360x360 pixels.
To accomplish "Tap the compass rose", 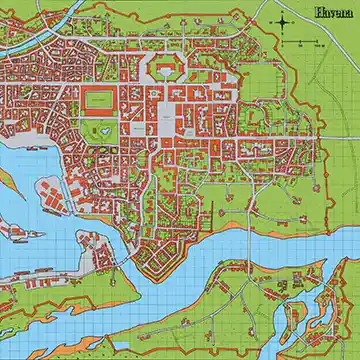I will pos(283,21).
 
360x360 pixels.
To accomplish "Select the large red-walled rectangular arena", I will pos(100,99).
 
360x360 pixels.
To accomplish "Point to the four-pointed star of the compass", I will pos(283,21).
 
